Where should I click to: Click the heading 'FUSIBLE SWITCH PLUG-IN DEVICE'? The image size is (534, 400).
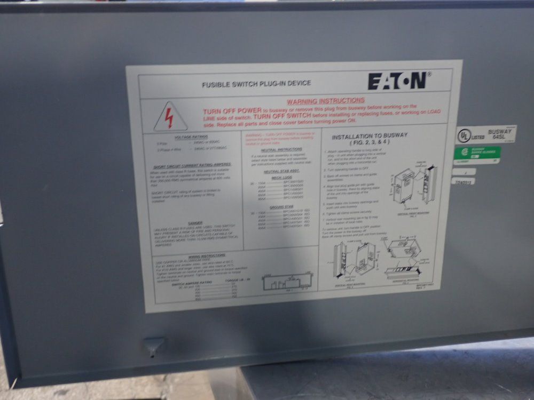tap(256, 84)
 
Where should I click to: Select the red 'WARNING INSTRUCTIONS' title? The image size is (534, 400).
tap(326, 100)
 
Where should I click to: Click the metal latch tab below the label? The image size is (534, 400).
tap(153, 346)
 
